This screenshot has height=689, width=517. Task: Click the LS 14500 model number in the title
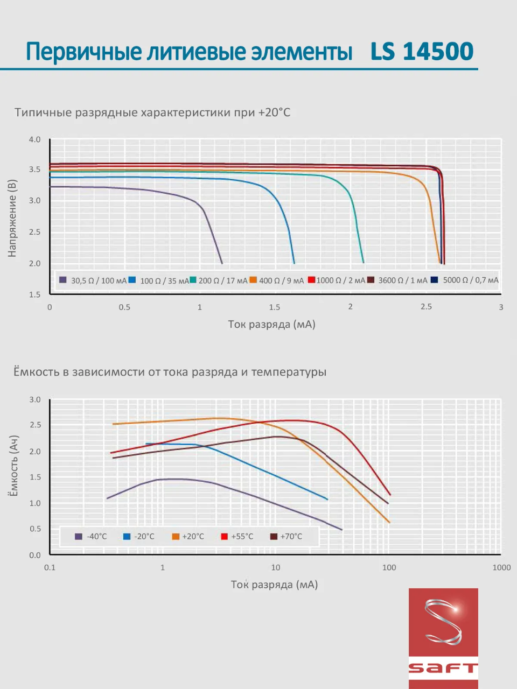coord(422,52)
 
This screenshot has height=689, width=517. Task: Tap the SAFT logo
coord(443,638)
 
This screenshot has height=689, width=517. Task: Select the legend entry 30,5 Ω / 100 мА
coord(93,280)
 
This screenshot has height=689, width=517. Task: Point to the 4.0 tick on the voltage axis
coord(34,139)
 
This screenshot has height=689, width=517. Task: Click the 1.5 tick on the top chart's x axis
coord(275,307)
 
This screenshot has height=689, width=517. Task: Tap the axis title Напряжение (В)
coord(12,218)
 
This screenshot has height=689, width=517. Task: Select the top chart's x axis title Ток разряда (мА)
coord(271,324)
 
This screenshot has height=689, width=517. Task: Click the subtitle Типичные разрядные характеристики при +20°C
coord(152,113)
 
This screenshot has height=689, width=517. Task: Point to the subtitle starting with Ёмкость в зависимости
coord(170,372)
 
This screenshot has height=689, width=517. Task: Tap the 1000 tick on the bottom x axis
coord(501,567)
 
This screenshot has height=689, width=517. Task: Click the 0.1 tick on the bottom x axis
coord(50,567)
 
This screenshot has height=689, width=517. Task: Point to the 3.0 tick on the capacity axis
coord(34,400)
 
